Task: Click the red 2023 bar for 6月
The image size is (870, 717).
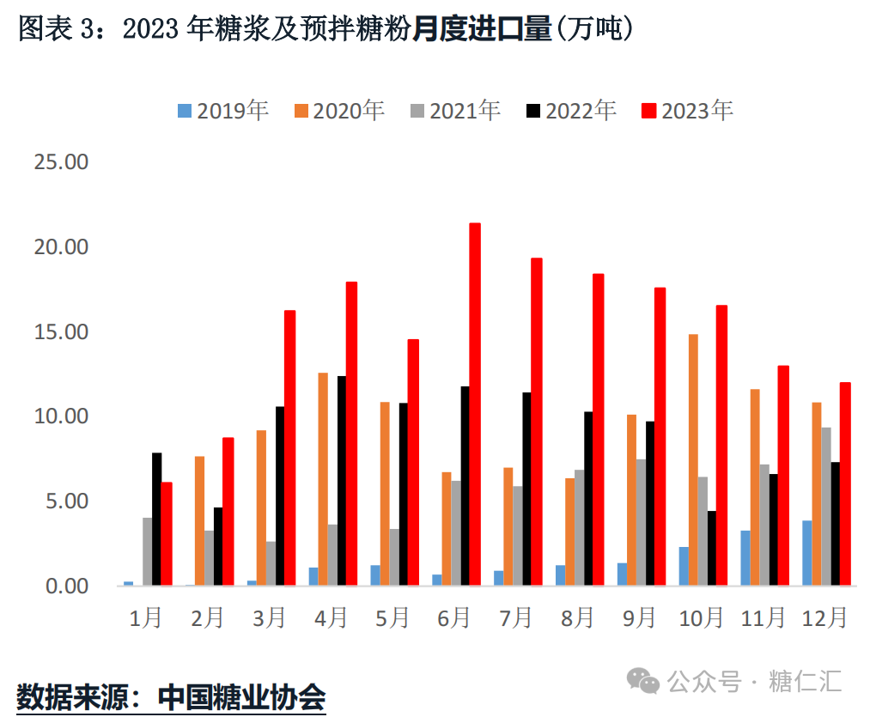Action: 475,404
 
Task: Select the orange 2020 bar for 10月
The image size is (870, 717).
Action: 693,460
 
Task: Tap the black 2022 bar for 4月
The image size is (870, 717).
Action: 342,481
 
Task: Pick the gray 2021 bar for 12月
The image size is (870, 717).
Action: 825,507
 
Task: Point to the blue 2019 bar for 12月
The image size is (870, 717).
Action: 807,553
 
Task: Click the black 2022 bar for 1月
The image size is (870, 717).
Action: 157,519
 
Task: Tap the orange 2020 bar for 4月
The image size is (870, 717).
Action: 323,479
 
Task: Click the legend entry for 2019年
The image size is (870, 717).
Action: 223,111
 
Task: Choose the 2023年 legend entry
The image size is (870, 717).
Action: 687,111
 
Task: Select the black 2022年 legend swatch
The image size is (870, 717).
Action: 533,111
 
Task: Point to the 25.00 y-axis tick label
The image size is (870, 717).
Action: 60,162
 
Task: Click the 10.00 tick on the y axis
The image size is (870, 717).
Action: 60,416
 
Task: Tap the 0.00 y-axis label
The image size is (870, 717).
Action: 65,586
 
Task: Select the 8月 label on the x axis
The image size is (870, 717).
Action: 576,617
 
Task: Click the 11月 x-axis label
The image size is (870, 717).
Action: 763,617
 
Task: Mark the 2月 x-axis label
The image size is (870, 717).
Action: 207,617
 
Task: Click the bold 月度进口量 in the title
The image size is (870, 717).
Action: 482,31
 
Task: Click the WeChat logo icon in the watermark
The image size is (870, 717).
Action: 642,681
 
